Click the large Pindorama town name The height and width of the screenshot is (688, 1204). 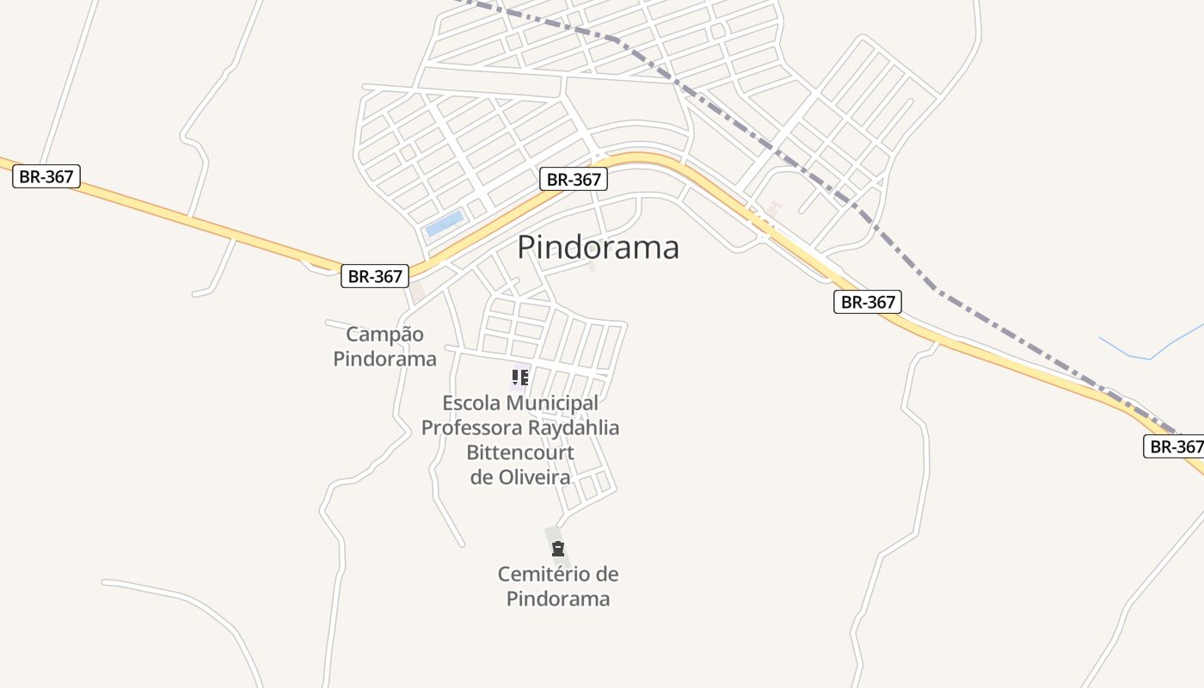coord(598,248)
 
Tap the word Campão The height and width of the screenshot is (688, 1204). coord(384,335)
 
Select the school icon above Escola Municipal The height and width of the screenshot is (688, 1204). coord(519,377)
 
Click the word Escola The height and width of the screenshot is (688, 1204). coord(471,403)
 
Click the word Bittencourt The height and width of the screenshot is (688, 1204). coord(520,452)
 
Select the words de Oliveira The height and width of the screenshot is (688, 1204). coord(520,476)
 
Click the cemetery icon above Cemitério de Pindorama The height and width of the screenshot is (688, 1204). coord(558,549)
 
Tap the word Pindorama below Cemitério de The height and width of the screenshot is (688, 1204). coord(558,599)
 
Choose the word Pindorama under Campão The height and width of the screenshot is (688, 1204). coord(384,359)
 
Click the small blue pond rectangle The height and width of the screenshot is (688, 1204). coord(445,224)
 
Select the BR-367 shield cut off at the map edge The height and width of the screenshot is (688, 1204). coord(1175,446)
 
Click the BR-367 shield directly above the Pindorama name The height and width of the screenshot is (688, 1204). coord(574,179)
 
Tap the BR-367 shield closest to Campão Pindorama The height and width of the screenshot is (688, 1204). coord(375,276)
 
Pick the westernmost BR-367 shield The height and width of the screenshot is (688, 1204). coord(46,176)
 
